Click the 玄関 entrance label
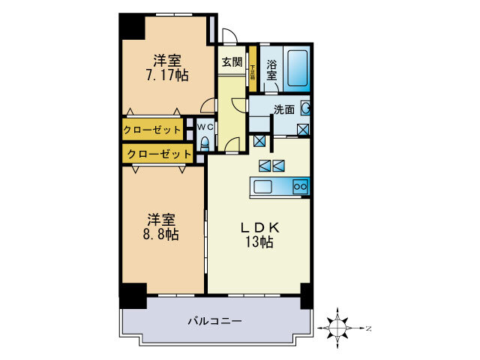(231, 63)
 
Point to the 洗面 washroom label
(283, 109)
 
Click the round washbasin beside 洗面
(306, 109)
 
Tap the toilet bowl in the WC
(205, 144)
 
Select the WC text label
(206, 127)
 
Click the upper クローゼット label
(153, 130)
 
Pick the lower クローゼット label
(157, 154)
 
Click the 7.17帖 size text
(166, 75)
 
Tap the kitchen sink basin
(266, 187)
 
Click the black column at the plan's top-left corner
(132, 27)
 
